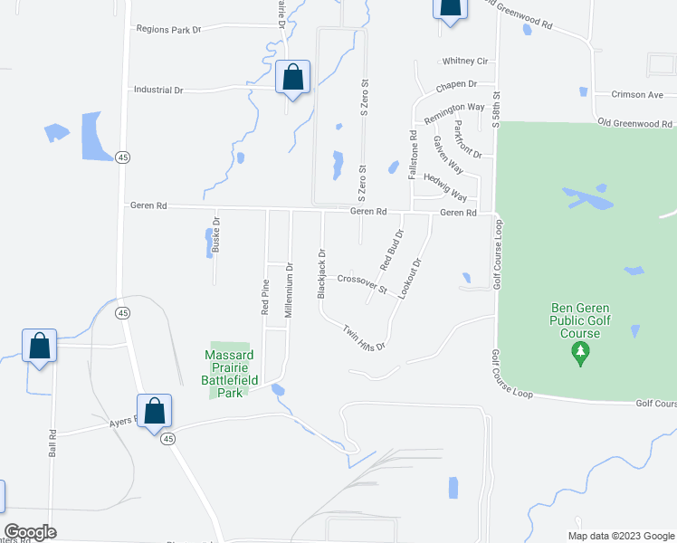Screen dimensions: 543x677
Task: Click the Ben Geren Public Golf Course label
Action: click(x=580, y=320)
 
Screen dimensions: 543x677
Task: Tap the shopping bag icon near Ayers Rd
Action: click(x=154, y=410)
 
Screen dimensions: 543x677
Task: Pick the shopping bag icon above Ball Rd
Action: click(x=39, y=345)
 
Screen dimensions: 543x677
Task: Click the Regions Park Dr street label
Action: click(x=167, y=29)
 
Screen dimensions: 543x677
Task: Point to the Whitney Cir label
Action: click(x=465, y=62)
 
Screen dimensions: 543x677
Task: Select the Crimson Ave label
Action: click(x=637, y=94)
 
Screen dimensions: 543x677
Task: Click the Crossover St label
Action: click(x=362, y=284)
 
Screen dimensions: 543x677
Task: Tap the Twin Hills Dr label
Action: click(x=364, y=338)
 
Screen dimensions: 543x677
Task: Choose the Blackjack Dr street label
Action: click(x=320, y=274)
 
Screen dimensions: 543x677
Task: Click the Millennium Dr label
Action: click(x=289, y=290)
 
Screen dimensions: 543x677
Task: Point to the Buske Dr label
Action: click(x=216, y=233)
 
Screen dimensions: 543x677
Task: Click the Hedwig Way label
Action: click(x=445, y=186)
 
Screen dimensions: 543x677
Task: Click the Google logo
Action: click(x=30, y=532)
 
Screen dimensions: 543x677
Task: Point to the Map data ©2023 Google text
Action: click(x=620, y=536)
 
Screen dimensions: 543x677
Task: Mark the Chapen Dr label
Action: click(x=455, y=84)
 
